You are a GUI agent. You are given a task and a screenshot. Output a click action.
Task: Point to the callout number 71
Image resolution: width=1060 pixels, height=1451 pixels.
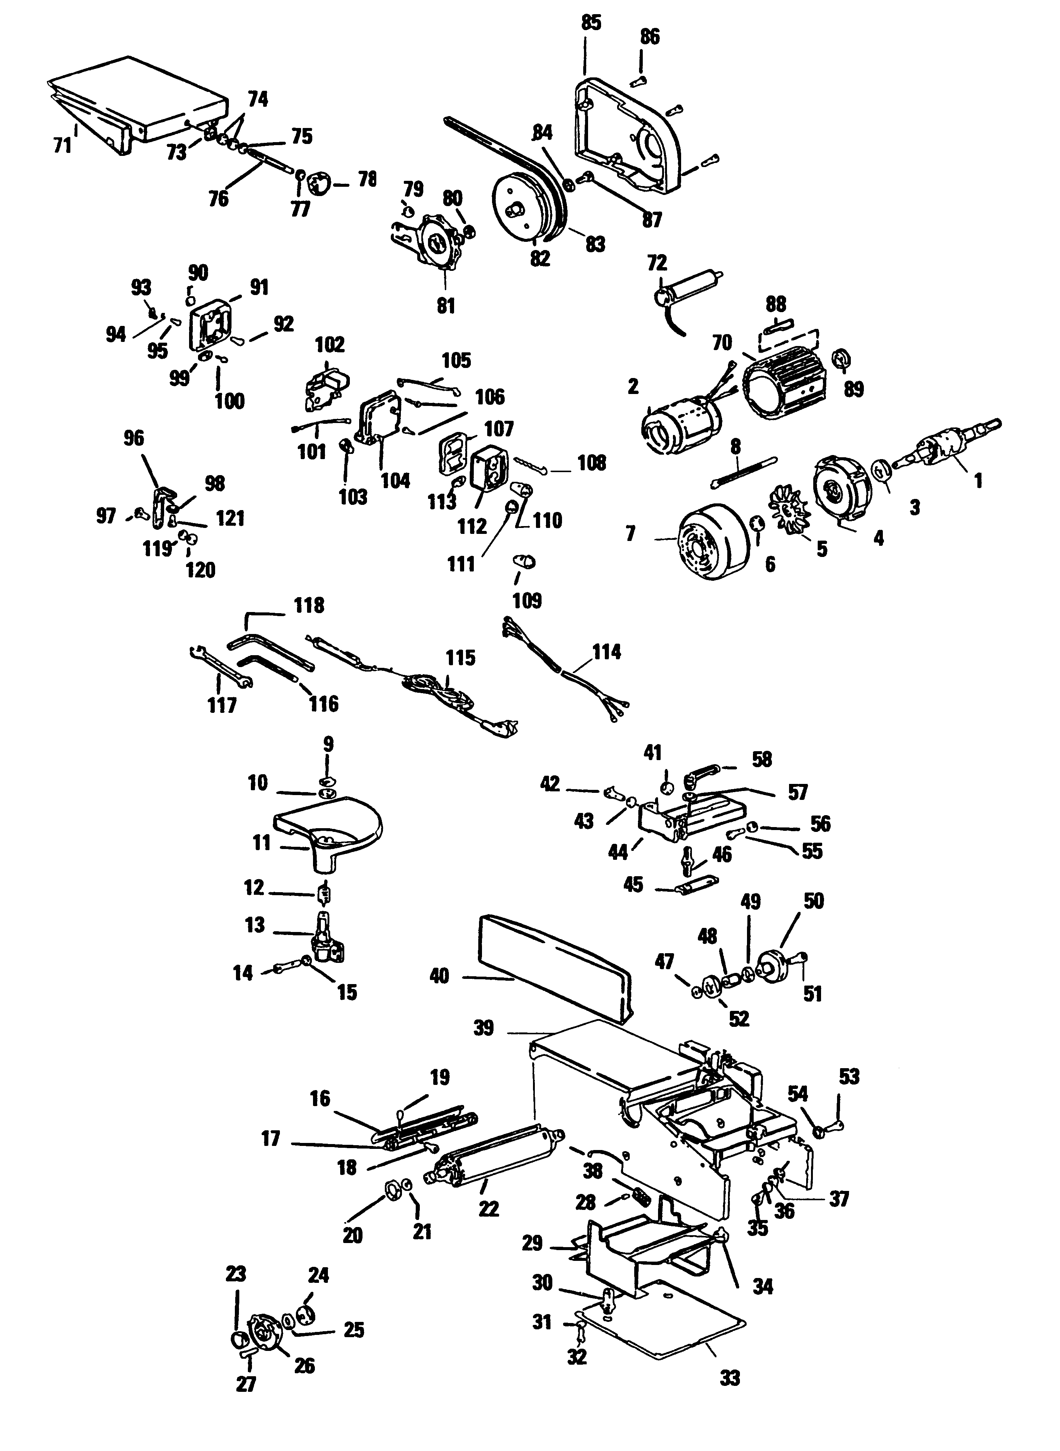click(x=62, y=146)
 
